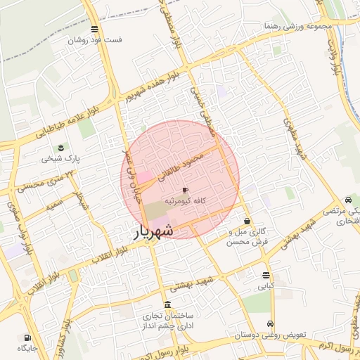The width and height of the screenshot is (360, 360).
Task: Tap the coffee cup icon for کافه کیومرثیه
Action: tap(185, 191)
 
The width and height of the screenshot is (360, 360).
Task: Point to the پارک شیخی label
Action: tap(61, 159)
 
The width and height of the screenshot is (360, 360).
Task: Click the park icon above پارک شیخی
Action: tap(61, 148)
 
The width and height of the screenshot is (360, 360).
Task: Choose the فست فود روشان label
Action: tap(95, 40)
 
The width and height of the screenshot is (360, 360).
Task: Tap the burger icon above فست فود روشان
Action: tap(96, 29)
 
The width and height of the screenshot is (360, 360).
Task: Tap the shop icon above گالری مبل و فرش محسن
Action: tap(247, 221)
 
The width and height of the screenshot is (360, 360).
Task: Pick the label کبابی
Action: tap(266, 286)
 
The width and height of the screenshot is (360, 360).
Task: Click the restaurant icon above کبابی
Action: tap(266, 275)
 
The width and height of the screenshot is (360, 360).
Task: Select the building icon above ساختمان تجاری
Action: tap(167, 304)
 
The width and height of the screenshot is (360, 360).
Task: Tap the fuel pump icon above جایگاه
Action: tap(27, 337)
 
